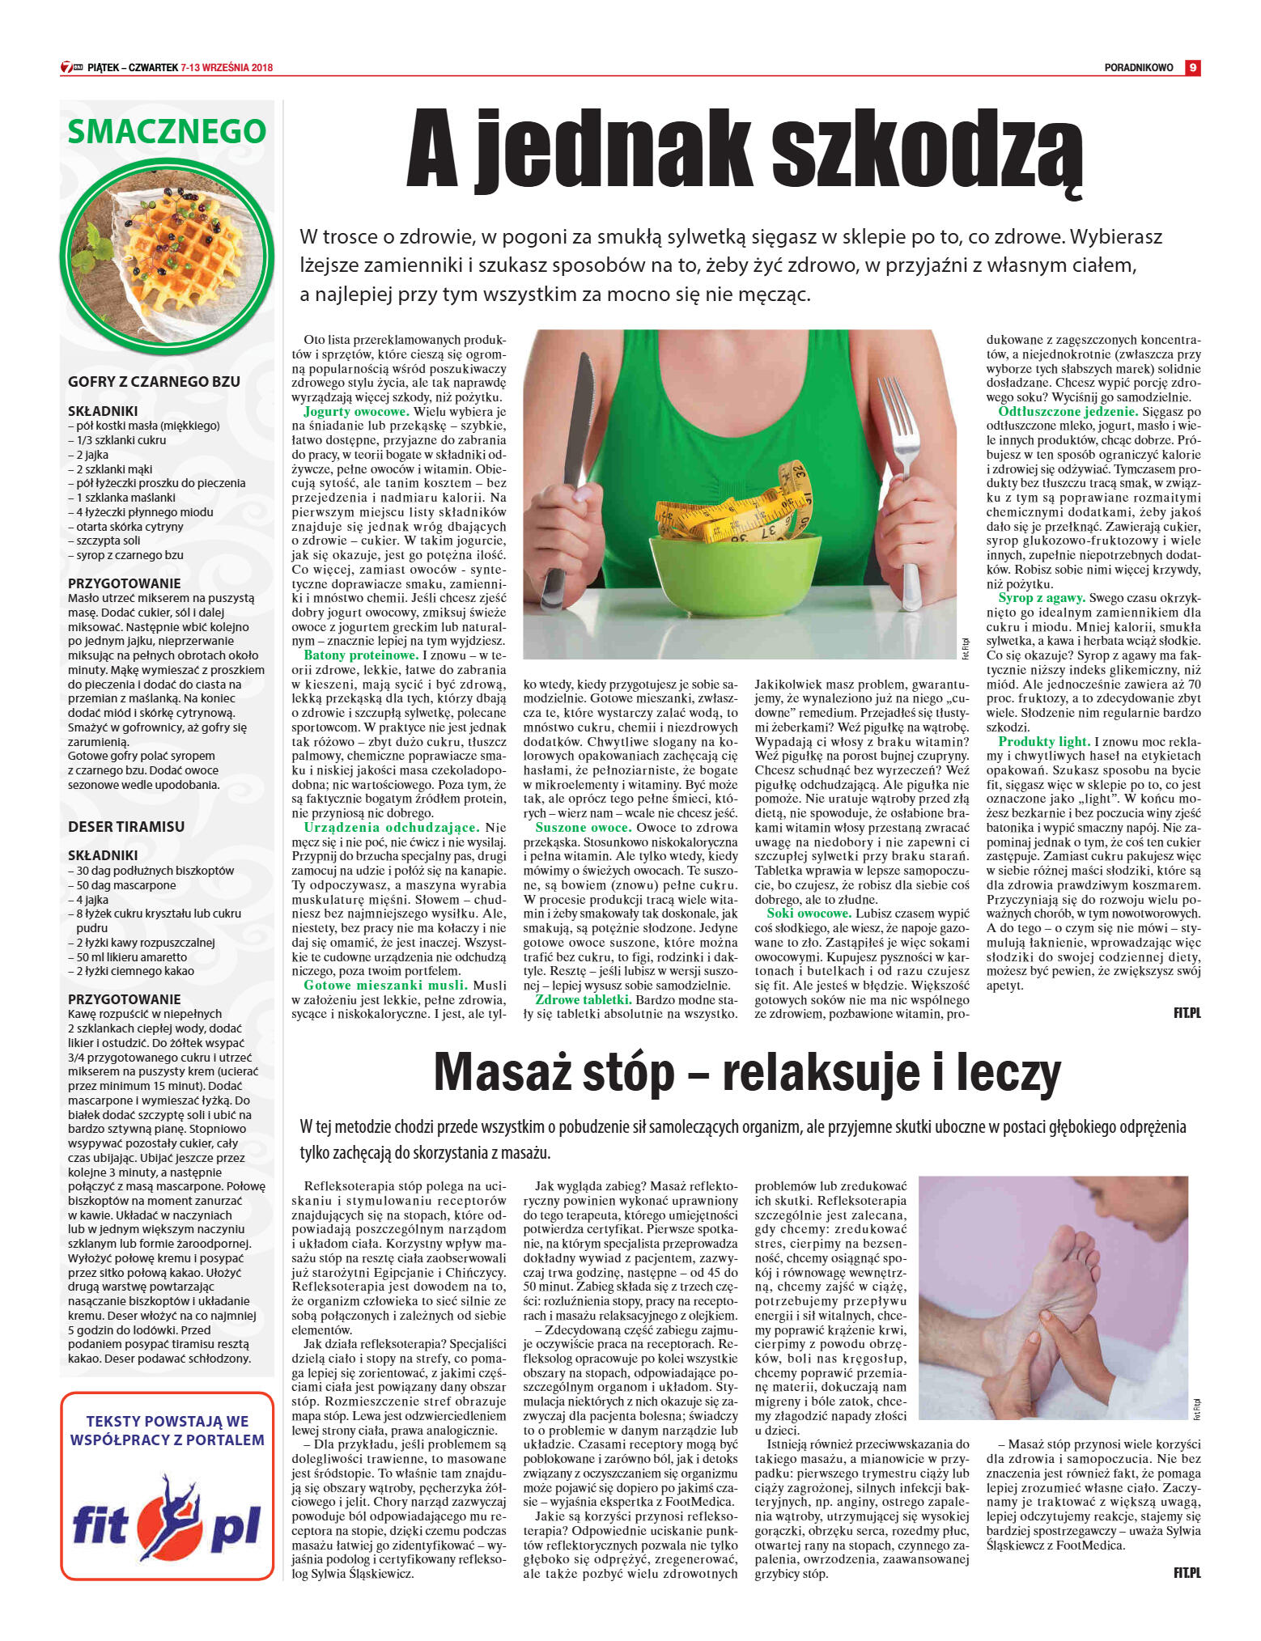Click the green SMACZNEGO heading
pyautogui.click(x=167, y=131)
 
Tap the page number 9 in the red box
pyautogui.click(x=1192, y=68)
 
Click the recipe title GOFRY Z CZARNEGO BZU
pyautogui.click(x=154, y=382)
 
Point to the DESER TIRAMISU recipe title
pyautogui.click(x=126, y=827)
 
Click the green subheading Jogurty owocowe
pyautogui.click(x=357, y=412)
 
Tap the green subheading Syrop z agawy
pyautogui.click(x=1041, y=598)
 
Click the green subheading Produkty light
pyautogui.click(x=1044, y=742)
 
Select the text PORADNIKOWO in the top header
pyautogui.click(x=1138, y=68)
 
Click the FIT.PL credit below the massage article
pyautogui.click(x=1187, y=1573)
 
